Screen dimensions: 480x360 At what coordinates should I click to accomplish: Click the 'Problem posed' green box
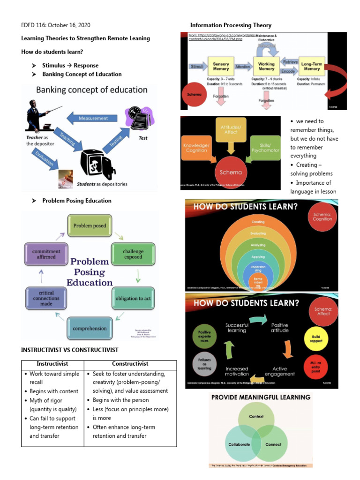tap(90, 225)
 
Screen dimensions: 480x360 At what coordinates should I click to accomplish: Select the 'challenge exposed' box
tap(133, 254)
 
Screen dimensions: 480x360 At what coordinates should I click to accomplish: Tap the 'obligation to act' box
tap(133, 298)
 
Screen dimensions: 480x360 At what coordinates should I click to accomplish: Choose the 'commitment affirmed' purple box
tap(46, 254)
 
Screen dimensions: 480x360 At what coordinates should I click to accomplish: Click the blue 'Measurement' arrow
tap(93, 118)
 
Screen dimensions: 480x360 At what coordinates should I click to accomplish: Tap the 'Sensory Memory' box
tap(221, 67)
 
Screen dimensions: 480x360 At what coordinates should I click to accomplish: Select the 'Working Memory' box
tap(266, 67)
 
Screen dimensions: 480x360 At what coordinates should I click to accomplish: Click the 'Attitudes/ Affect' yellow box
tap(230, 129)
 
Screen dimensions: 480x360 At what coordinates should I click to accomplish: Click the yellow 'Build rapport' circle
tap(319, 339)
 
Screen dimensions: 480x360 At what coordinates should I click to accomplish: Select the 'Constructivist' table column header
tap(130, 364)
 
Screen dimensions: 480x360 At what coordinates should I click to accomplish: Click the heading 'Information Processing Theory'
tap(231, 25)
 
